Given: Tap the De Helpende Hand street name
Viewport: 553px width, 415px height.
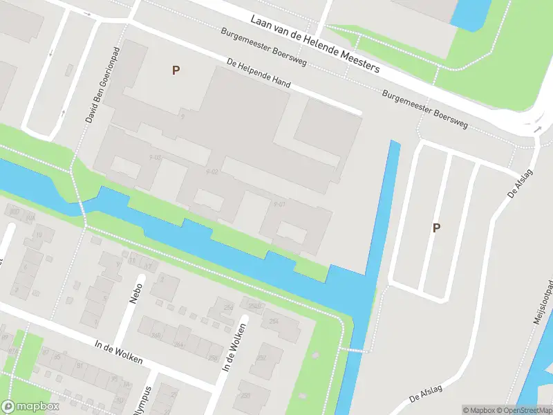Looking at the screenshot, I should coord(259,72).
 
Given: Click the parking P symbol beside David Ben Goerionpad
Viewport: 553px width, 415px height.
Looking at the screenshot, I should coord(176,70).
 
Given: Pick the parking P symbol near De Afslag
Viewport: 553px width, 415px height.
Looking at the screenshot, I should coord(436,228).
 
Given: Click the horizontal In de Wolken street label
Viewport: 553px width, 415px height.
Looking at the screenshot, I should coord(119,351).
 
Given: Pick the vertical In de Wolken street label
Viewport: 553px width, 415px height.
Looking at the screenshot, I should coord(234,349).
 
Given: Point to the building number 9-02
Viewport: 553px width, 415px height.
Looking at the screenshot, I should coord(212,171).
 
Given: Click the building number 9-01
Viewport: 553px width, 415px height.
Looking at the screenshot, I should coord(279,203).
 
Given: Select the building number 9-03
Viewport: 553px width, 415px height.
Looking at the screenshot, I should coord(156,157).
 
